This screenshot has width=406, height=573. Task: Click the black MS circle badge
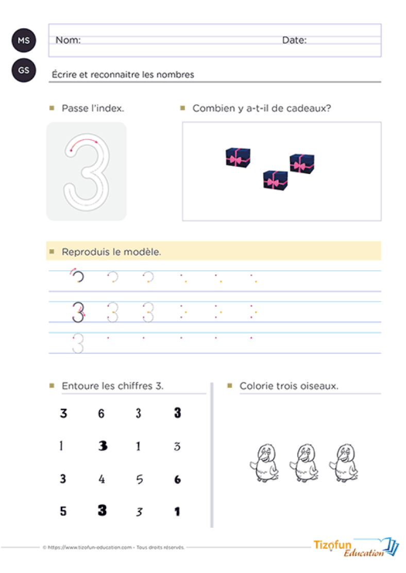pyautogui.click(x=24, y=40)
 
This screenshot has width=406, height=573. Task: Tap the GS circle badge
pyautogui.click(x=24, y=71)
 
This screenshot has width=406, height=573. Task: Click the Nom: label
pyautogui.click(x=68, y=40)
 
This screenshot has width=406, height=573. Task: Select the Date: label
pyautogui.click(x=294, y=40)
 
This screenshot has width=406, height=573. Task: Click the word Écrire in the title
pyautogui.click(x=63, y=75)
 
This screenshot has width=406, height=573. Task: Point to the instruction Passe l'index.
pyautogui.click(x=93, y=108)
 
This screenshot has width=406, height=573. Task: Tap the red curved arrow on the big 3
pyautogui.click(x=83, y=141)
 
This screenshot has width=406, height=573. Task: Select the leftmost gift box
pyautogui.click(x=238, y=157)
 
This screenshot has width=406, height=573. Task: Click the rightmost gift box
pyautogui.click(x=302, y=163)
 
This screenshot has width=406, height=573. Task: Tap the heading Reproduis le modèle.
pyautogui.click(x=111, y=252)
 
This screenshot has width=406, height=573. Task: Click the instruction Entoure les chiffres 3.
pyautogui.click(x=112, y=386)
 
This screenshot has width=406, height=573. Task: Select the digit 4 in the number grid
pyautogui.click(x=102, y=479)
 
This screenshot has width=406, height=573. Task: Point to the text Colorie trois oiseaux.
pyautogui.click(x=289, y=386)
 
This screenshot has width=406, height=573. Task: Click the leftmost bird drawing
pyautogui.click(x=265, y=462)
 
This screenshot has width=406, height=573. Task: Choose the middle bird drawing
pyautogui.click(x=303, y=462)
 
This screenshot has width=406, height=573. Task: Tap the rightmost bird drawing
pyautogui.click(x=342, y=462)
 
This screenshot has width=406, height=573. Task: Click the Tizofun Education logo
pyautogui.click(x=356, y=548)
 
